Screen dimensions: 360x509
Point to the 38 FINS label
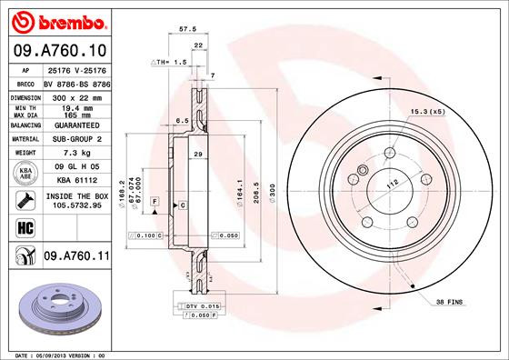pyautogui.click(x=449, y=301)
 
